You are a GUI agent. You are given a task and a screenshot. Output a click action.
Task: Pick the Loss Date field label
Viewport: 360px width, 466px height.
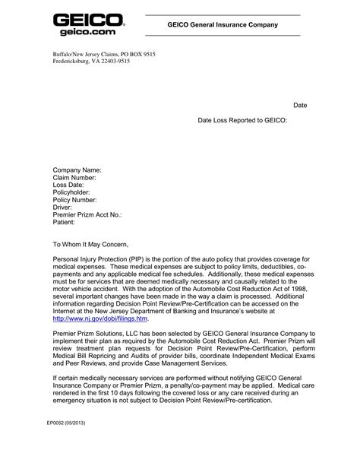pyautogui.click(x=68, y=186)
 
